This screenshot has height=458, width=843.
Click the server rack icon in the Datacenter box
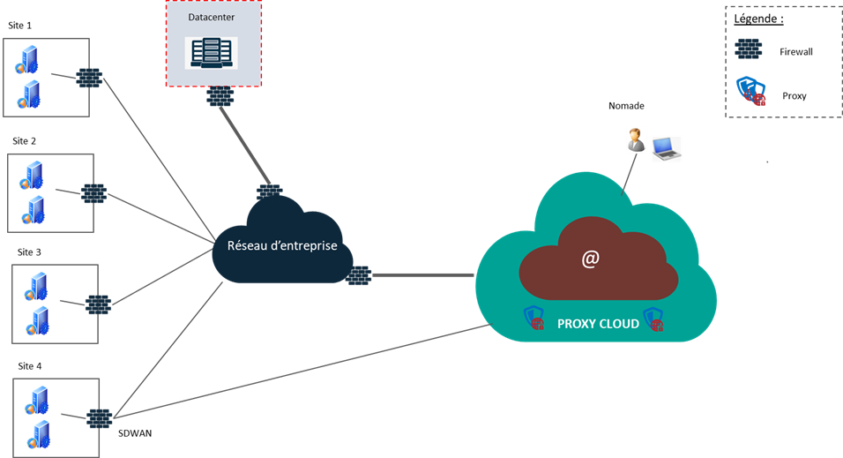click(x=211, y=52)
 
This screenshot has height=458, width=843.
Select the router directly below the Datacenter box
click(x=220, y=95)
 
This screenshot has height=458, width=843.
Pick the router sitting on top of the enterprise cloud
click(x=269, y=193)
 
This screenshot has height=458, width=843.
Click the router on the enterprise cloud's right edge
click(x=358, y=275)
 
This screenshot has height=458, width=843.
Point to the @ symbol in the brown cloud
click(x=590, y=259)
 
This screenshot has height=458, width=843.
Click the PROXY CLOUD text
click(x=598, y=324)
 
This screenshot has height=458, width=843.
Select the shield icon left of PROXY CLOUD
click(x=533, y=318)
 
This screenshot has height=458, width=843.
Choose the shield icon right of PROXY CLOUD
click(x=653, y=319)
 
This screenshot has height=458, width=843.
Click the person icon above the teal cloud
click(x=635, y=140)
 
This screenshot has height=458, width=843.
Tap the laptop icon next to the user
click(x=667, y=148)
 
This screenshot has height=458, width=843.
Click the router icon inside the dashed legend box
click(x=749, y=48)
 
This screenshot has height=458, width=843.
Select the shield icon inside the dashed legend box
click(x=750, y=90)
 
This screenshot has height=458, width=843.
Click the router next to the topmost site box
click(x=88, y=78)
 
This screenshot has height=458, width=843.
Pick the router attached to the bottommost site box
click(x=99, y=417)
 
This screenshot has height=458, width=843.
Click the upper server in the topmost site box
click(x=25, y=60)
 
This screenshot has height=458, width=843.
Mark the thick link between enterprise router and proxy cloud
click(x=423, y=275)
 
